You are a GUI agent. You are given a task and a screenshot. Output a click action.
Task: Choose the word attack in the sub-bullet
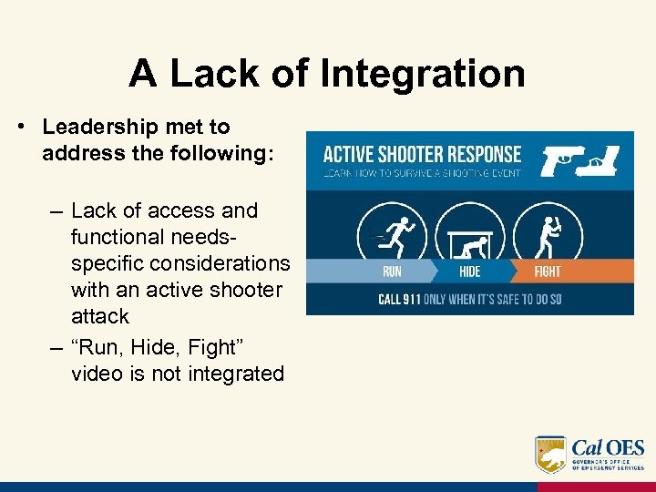pyautogui.click(x=100, y=316)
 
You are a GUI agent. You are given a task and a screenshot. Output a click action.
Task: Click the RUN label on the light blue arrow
pyautogui.click(x=392, y=271)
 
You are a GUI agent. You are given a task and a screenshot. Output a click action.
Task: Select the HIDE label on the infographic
pyautogui.click(x=469, y=271)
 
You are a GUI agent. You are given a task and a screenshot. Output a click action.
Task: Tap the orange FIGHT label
pyautogui.click(x=547, y=271)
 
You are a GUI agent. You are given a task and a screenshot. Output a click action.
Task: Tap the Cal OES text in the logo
pyautogui.click(x=607, y=448)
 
